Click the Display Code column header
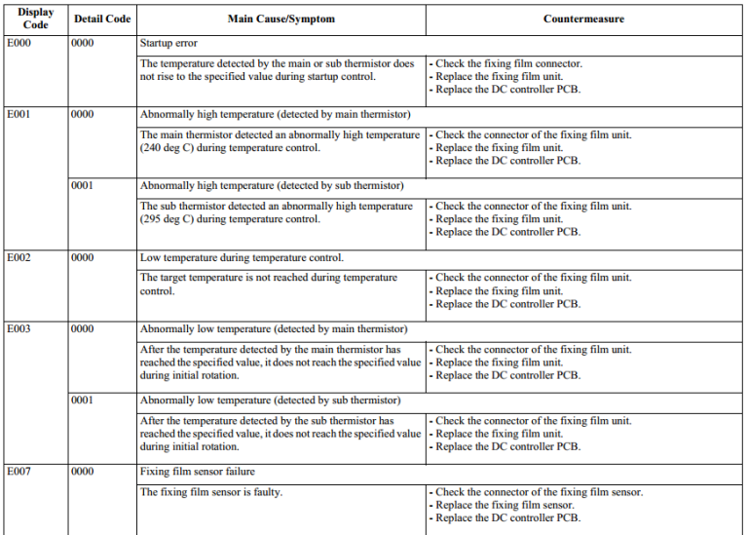tap(35, 19)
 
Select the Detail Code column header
tap(101, 19)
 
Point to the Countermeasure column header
tap(583, 19)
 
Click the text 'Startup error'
tap(168, 43)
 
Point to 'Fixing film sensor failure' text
tap(198, 472)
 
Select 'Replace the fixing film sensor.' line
tap(505, 505)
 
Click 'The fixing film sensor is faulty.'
tap(211, 492)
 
